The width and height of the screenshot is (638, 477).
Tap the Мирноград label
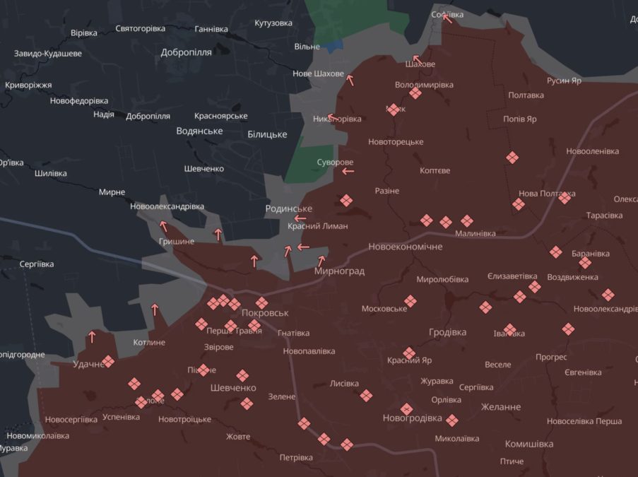coord(339,271)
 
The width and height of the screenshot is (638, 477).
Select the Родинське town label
coord(288,208)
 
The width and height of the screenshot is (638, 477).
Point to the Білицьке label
coord(267,134)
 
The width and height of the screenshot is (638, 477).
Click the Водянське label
coord(199,131)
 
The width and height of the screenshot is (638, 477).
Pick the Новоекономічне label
coord(405,247)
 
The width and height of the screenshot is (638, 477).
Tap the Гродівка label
coord(447,332)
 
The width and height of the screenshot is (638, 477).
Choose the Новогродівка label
coord(412,418)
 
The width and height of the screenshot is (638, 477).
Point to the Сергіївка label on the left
coord(37,264)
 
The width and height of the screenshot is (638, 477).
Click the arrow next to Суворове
coord(347,171)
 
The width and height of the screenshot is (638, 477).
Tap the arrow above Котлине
coord(155,309)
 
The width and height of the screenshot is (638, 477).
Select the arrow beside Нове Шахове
coord(350,80)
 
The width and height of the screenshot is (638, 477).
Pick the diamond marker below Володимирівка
coord(415,93)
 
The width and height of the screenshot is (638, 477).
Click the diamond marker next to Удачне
coord(108,361)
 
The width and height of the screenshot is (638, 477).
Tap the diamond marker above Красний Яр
coord(409,353)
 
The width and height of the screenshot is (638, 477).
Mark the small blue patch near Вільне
coord(334,44)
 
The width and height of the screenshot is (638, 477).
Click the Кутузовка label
coord(273,23)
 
